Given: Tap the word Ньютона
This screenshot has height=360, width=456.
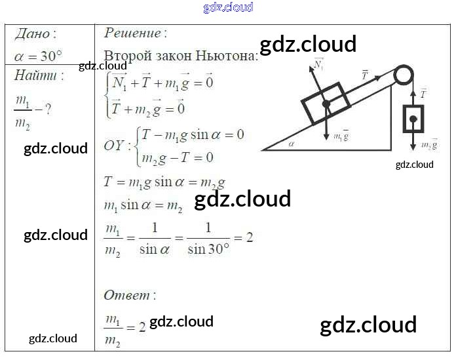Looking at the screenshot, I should pos(230,56).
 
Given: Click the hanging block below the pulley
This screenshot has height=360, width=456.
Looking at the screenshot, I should pos(413,119).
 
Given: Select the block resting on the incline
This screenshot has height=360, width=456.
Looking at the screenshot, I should pos(326,102).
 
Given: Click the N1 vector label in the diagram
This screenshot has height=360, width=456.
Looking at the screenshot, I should pos(319,64).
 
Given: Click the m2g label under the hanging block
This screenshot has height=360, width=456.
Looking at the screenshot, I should pos(429,144).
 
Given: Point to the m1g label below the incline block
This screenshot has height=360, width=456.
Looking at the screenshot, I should pos(341,136).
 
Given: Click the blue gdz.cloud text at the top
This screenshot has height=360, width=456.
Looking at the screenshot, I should pos(228,8).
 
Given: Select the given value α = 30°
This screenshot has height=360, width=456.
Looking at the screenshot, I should pos(38,55).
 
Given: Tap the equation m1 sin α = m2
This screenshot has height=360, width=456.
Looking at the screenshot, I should pos(143,205).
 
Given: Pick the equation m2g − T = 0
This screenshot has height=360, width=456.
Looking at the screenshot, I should pos(178,157).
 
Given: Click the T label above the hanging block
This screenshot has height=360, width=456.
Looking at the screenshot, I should pos(423,93).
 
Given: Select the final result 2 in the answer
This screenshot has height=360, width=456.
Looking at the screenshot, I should pos(142,326).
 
